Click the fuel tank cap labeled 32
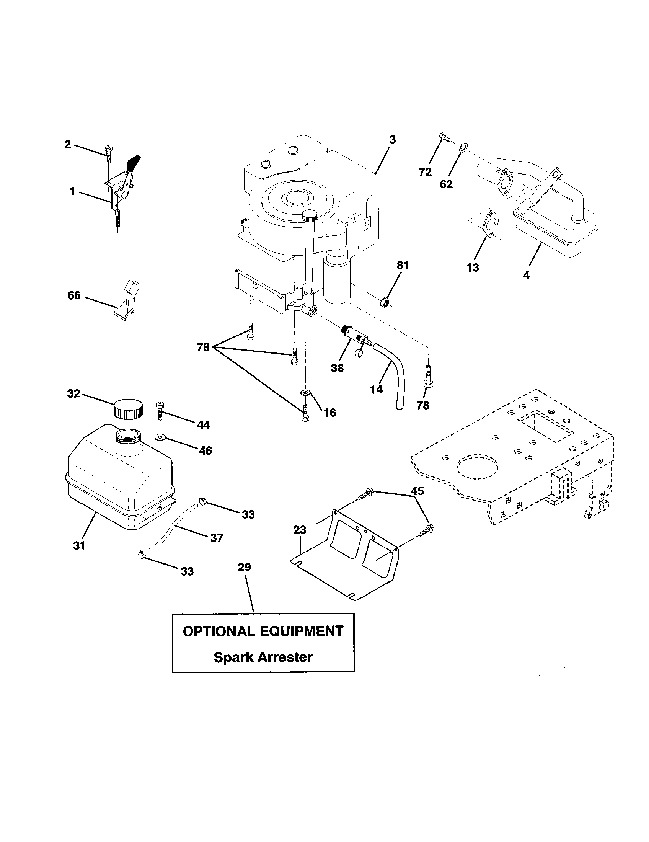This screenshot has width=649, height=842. coord(128,410)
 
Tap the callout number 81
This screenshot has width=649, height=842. coord(402,265)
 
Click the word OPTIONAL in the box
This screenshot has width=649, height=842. coord(219,631)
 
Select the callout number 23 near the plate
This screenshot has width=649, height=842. coord(300,530)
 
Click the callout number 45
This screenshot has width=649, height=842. coord(417,491)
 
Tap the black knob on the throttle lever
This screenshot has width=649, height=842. coord(133,163)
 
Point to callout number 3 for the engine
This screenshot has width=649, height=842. coord(392,140)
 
